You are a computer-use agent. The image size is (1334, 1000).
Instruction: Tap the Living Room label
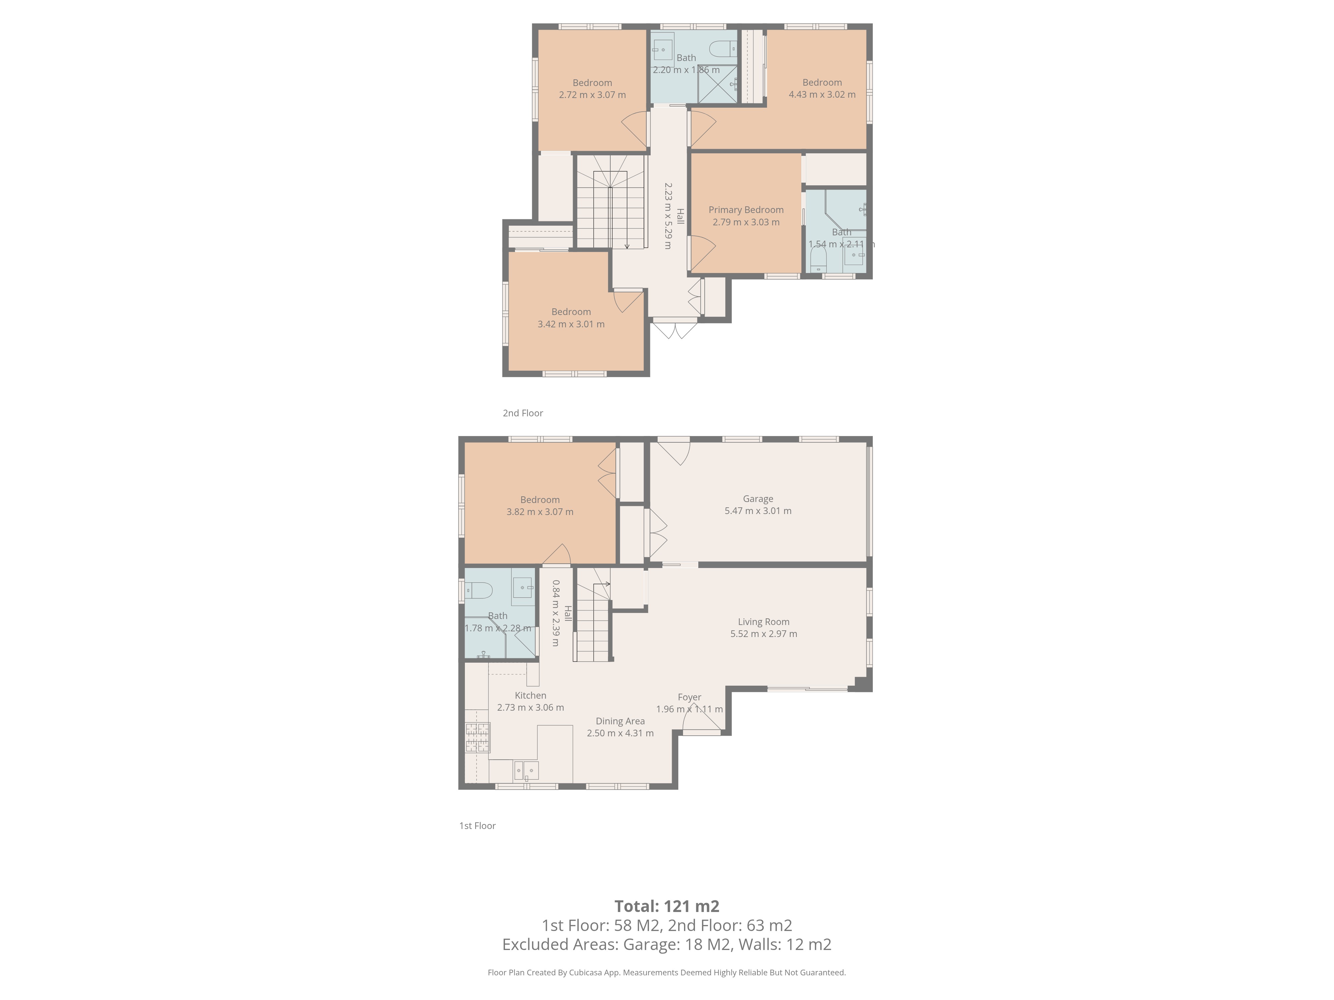[x=763, y=621]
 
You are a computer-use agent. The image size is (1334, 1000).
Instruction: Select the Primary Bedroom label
[x=746, y=210]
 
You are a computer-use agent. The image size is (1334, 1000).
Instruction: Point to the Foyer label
[x=689, y=697]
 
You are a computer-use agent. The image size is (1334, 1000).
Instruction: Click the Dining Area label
[x=620, y=721]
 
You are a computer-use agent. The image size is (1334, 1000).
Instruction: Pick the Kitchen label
[x=530, y=695]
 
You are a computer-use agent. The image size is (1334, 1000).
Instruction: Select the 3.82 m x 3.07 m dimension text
[x=540, y=512]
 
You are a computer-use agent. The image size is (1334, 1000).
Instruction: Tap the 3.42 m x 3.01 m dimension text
[x=571, y=324]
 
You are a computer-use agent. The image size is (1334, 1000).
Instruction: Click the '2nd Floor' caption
[x=523, y=413]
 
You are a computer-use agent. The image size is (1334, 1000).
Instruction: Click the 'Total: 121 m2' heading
[x=667, y=906]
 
